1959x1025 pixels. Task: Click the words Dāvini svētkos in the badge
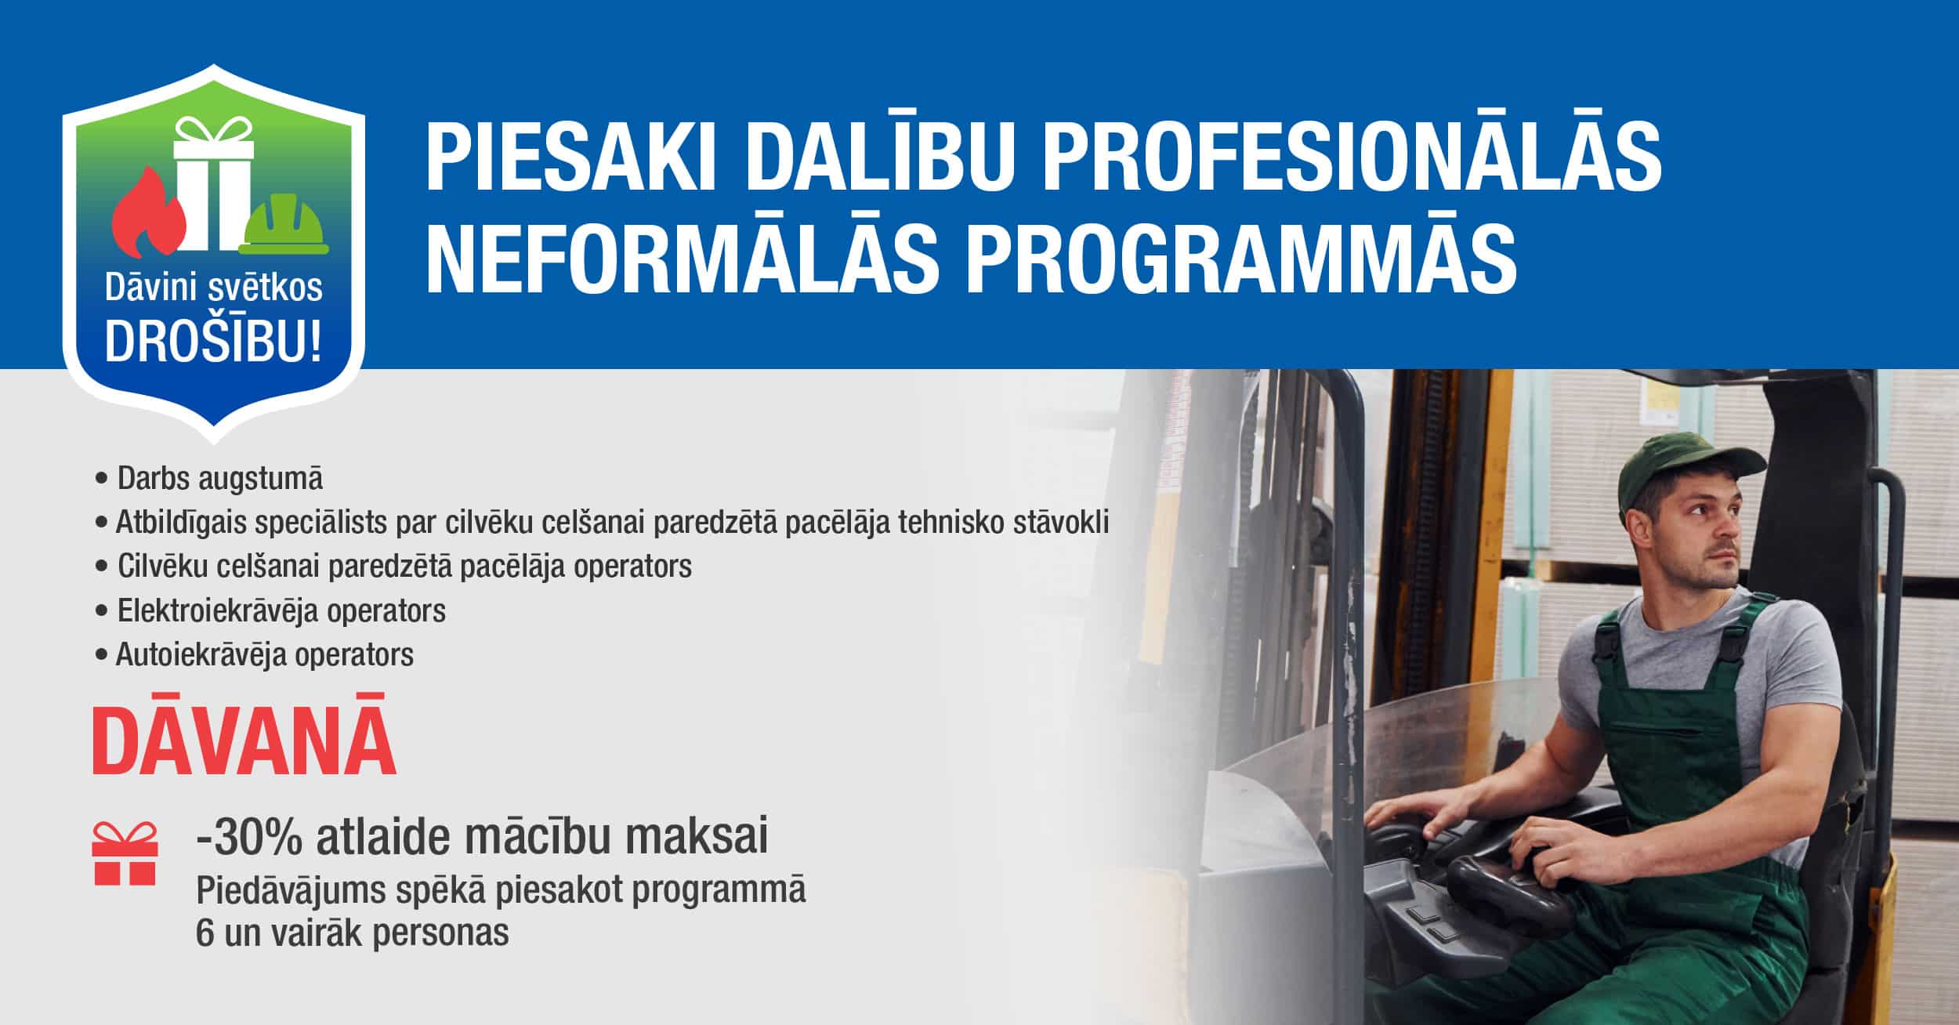[214, 288]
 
